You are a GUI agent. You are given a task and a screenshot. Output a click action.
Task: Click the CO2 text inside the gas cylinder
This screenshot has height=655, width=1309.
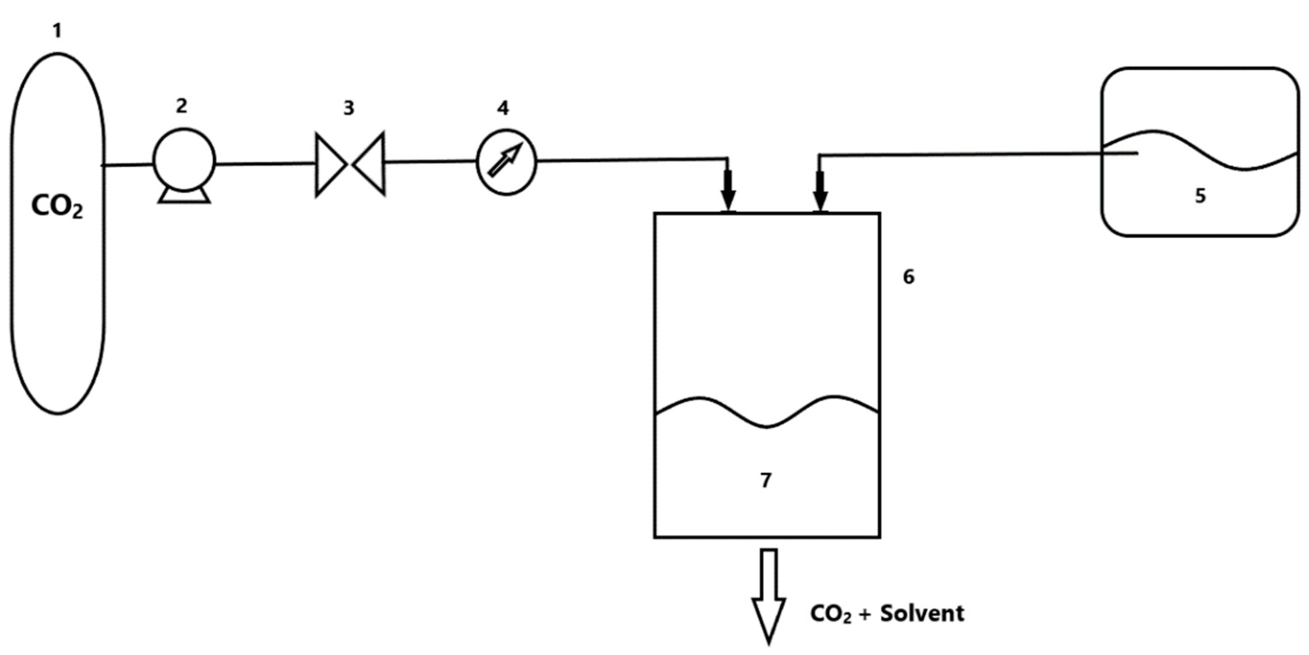(57, 207)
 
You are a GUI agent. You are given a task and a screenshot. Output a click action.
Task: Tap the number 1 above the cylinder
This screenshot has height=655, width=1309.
(57, 31)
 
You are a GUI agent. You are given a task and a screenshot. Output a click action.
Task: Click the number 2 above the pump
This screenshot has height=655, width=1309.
(181, 106)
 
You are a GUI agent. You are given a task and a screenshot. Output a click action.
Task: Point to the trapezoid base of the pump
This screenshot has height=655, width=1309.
(184, 196)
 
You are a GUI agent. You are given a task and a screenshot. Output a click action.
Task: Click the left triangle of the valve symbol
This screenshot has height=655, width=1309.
(329, 164)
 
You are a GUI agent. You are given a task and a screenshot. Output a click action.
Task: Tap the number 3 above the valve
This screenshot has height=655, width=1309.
(349, 108)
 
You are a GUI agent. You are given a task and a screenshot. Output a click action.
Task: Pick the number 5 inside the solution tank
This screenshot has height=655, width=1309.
(1200, 195)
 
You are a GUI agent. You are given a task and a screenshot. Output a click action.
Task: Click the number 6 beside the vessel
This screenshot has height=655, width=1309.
(908, 277)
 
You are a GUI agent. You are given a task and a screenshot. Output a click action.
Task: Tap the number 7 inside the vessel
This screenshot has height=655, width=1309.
(766, 480)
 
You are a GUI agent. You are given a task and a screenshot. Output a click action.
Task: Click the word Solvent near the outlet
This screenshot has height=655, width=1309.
(922, 613)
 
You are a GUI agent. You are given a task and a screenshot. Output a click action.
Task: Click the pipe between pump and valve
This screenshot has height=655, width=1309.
(264, 164)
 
